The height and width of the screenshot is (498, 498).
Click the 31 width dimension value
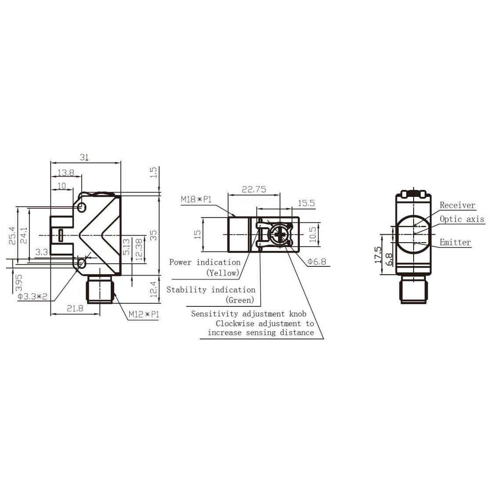click(84, 157)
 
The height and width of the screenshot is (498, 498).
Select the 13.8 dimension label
click(66, 172)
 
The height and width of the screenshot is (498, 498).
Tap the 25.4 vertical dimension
click(12, 235)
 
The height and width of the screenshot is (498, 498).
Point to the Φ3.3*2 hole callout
click(33, 296)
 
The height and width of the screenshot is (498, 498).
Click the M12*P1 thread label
click(144, 314)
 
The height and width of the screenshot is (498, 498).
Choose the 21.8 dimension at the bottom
click(75, 308)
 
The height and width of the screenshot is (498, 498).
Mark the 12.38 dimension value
click(139, 249)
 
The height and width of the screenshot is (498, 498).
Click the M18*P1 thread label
click(196, 200)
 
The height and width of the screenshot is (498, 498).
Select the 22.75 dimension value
click(254, 189)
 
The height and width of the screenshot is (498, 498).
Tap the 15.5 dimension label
click(306, 203)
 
